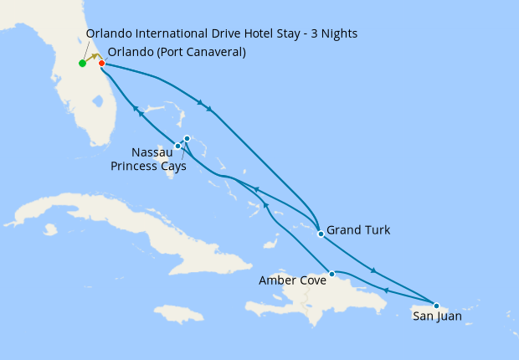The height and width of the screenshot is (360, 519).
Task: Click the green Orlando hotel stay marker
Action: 82,64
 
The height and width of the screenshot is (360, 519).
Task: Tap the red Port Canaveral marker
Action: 101,63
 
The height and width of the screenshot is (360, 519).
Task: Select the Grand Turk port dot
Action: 321,234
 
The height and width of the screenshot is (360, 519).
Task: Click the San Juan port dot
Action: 436,306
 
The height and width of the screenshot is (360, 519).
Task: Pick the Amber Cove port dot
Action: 332,274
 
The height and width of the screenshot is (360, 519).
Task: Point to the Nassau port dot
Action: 177,147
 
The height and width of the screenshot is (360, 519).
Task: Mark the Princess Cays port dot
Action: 187,138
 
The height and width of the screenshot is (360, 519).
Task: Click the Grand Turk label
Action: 357,229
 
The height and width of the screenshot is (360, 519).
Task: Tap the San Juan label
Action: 436,316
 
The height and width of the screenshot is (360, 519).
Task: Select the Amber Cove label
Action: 292,280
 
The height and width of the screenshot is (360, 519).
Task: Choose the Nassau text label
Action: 152,152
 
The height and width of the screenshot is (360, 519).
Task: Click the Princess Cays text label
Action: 147,165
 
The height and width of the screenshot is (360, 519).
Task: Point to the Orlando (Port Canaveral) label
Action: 177,52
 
